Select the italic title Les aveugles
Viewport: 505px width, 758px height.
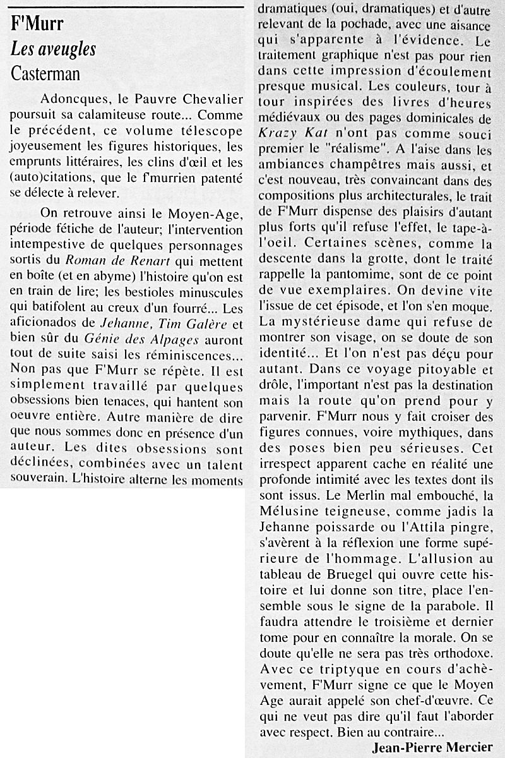pyautogui.click(x=53, y=49)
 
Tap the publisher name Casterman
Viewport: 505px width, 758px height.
pyautogui.click(x=45, y=73)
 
